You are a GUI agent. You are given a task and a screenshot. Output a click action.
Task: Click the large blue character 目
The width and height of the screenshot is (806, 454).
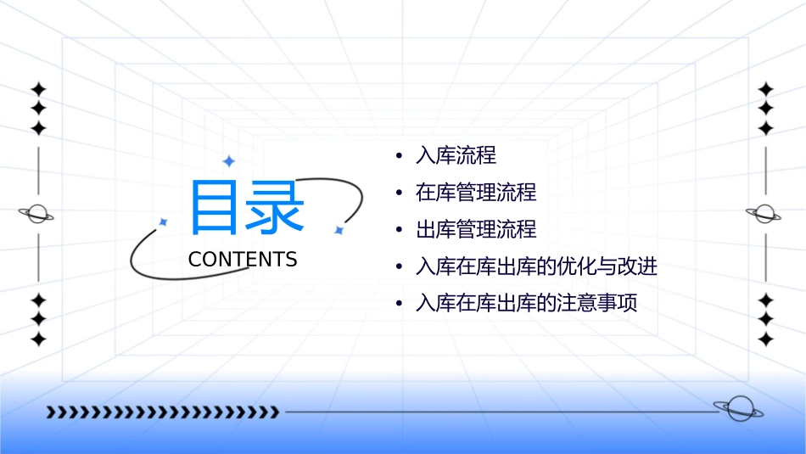214,206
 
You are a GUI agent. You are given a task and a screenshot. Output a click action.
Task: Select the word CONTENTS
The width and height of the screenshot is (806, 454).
243,259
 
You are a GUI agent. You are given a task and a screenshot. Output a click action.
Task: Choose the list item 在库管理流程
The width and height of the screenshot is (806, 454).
476,193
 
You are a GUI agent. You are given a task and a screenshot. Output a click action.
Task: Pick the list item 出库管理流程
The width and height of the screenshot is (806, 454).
476,230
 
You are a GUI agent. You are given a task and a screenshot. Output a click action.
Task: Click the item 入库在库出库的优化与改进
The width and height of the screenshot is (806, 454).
536,267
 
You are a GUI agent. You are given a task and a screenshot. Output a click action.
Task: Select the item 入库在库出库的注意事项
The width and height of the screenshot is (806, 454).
526,303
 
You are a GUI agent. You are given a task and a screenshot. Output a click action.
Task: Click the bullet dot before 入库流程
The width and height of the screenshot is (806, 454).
399,156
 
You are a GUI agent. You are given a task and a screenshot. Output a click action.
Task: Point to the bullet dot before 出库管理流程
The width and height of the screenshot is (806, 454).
399,231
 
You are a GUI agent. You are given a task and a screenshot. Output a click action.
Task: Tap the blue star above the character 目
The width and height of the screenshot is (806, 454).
227,161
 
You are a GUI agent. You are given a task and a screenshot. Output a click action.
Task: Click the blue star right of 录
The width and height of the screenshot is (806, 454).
339,230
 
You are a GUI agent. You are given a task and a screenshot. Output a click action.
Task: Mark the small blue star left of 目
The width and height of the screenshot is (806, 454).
163,221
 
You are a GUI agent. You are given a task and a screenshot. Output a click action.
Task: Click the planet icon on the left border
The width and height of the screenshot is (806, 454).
37,214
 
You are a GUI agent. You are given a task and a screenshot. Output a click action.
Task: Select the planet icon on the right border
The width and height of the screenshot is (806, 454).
764,214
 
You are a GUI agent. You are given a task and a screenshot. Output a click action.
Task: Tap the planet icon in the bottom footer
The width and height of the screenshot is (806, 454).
738,409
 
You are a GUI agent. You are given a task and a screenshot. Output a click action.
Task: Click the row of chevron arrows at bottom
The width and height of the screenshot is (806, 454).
162,412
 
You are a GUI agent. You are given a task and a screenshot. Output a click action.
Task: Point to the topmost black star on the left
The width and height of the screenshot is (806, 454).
38,89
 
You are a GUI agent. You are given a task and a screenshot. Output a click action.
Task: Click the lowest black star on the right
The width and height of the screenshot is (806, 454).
765,339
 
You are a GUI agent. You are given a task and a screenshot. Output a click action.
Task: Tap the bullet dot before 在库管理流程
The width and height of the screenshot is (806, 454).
399,193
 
